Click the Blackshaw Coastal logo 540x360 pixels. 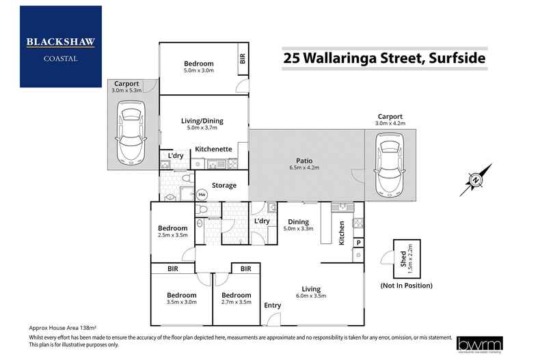pyautogui.click(x=61, y=46)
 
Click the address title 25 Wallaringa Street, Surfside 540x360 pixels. pyautogui.click(x=384, y=58)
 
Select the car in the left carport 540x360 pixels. pyautogui.click(x=130, y=133)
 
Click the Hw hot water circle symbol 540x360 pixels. pyautogui.click(x=202, y=195)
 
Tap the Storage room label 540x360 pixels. pyautogui.click(x=224, y=185)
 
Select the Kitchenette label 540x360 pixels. pyautogui.click(x=214, y=149)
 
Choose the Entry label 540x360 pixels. pyautogui.click(x=273, y=305)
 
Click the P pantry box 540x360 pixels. pyautogui.click(x=358, y=243)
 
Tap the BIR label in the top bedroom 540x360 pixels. pyautogui.click(x=242, y=59)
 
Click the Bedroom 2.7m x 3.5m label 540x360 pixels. pyautogui.click(x=237, y=299)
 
